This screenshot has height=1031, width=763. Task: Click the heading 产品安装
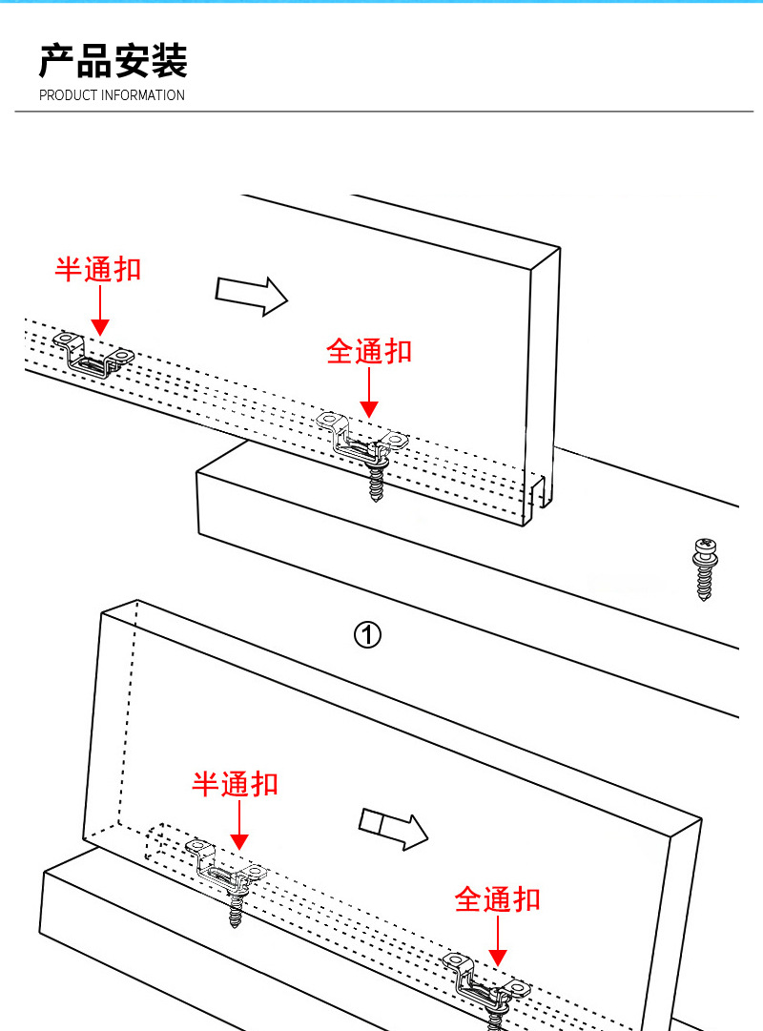click(x=113, y=61)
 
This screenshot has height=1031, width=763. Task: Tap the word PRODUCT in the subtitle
click(x=68, y=95)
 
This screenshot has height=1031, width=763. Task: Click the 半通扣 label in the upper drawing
click(x=97, y=269)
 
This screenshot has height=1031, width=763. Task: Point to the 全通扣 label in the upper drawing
click(x=369, y=351)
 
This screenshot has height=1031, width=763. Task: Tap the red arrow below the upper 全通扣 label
click(x=369, y=393)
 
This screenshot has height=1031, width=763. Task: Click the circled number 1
click(x=368, y=634)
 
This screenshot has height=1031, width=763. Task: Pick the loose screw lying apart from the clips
click(x=704, y=568)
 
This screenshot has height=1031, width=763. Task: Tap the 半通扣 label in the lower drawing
click(x=235, y=784)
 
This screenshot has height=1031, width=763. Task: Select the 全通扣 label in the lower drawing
click(x=497, y=898)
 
